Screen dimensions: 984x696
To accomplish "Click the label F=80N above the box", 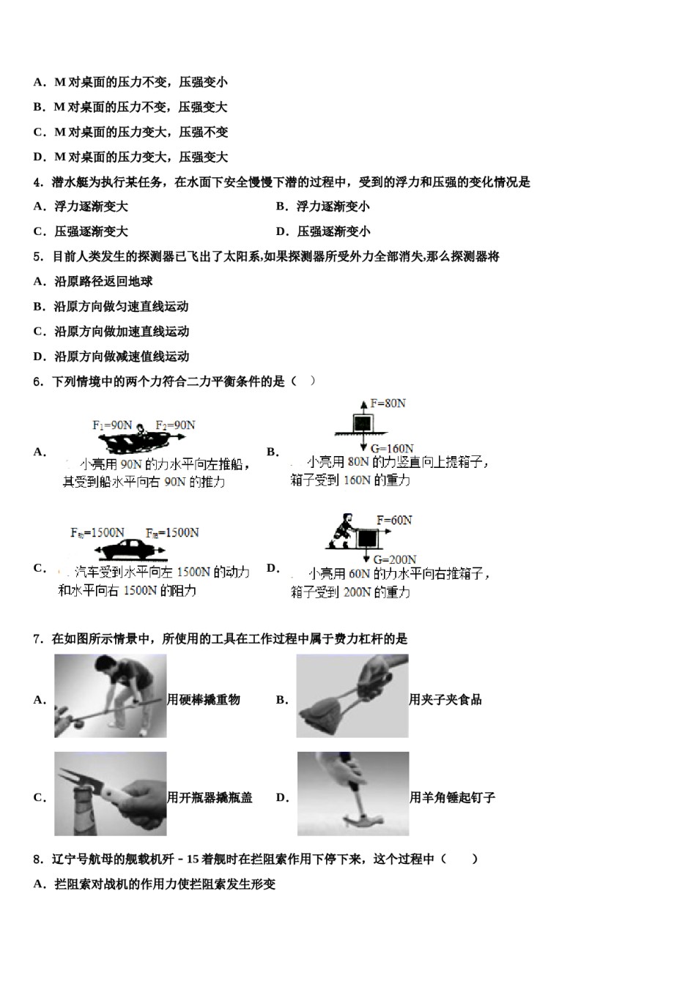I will (388, 403).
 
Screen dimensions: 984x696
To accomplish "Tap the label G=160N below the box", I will (392, 448).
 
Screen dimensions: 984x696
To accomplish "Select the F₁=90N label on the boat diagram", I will (112, 425).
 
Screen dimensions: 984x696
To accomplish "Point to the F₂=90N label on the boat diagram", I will (175, 425).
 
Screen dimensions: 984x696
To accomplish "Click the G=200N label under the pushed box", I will (395, 560).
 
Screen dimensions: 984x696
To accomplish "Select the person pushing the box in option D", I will (342, 531).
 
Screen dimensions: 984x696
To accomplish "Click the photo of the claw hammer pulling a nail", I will (353, 794).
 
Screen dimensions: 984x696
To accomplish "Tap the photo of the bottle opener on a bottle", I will (110, 794).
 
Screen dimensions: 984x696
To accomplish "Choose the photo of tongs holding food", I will (352, 696).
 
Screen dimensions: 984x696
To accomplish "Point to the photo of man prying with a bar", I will (110, 696).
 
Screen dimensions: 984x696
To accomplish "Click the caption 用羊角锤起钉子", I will (452, 797).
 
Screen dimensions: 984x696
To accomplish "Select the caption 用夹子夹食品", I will (445, 699).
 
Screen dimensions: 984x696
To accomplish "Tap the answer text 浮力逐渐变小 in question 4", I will (333, 206).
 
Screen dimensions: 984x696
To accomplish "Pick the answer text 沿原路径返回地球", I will (103, 281).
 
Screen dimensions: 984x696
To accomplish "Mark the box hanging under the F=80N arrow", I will (362, 423).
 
